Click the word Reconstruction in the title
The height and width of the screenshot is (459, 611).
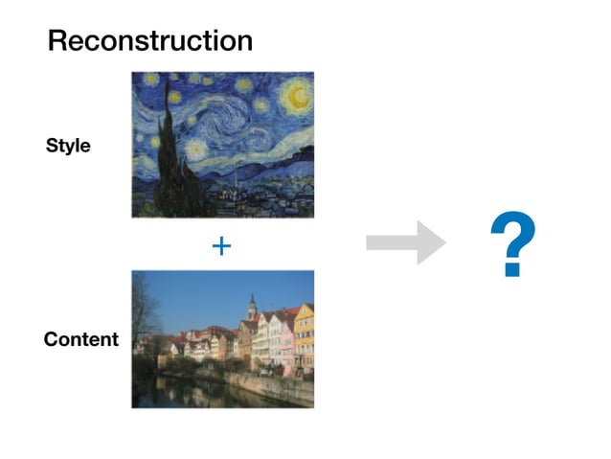point(150,41)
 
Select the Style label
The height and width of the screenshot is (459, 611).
point(68,147)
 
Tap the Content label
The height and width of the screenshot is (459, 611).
point(81,339)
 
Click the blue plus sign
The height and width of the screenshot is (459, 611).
point(221,246)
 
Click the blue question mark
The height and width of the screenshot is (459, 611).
point(511,245)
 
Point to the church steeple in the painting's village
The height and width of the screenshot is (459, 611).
point(236,178)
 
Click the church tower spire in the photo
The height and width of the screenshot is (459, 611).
point(252,305)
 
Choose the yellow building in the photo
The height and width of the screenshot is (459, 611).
point(304,335)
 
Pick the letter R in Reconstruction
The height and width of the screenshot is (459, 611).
point(57,41)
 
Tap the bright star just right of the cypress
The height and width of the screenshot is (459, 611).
point(196,149)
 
